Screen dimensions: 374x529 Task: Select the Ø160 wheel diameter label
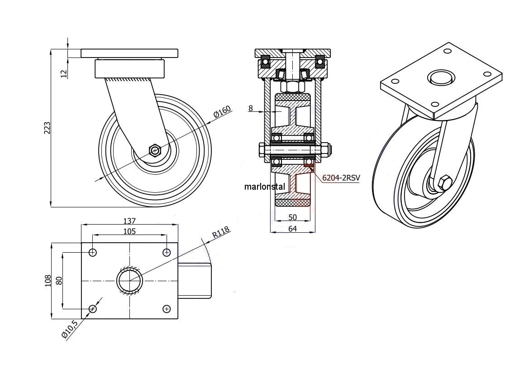222,111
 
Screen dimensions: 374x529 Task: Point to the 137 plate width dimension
129,221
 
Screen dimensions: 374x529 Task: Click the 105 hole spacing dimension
129,231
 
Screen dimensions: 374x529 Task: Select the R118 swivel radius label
221,233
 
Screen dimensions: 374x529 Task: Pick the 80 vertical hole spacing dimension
58,281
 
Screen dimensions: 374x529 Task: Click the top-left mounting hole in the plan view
93,252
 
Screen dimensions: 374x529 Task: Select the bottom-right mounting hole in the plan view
167,309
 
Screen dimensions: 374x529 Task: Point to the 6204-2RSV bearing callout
341,178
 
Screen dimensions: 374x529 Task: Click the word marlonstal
265,186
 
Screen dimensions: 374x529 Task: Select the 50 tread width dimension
292,217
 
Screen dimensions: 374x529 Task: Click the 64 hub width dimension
292,229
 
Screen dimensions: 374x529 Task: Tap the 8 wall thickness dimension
250,108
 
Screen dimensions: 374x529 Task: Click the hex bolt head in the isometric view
444,183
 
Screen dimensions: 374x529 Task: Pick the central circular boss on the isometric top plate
441,77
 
